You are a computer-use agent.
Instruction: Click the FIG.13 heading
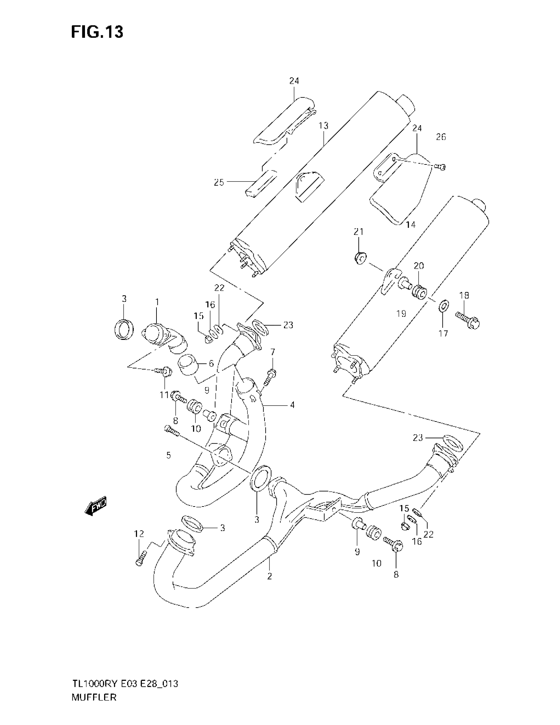[97, 32]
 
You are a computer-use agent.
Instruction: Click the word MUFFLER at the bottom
[94, 697]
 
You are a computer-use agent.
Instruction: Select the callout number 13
[323, 126]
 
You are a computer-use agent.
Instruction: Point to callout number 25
[219, 182]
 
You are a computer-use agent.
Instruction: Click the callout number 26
[441, 137]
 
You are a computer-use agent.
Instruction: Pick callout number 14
[410, 225]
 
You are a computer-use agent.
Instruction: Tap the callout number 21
[358, 232]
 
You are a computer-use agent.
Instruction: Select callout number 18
[464, 295]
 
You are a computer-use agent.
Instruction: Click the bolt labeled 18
[468, 320]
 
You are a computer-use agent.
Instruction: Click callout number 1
[157, 302]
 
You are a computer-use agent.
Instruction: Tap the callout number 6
[211, 363]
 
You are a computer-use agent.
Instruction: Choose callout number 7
[273, 352]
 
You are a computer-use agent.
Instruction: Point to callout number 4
[292, 405]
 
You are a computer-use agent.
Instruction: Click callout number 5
[169, 455]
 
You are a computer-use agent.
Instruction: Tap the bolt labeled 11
[164, 371]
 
